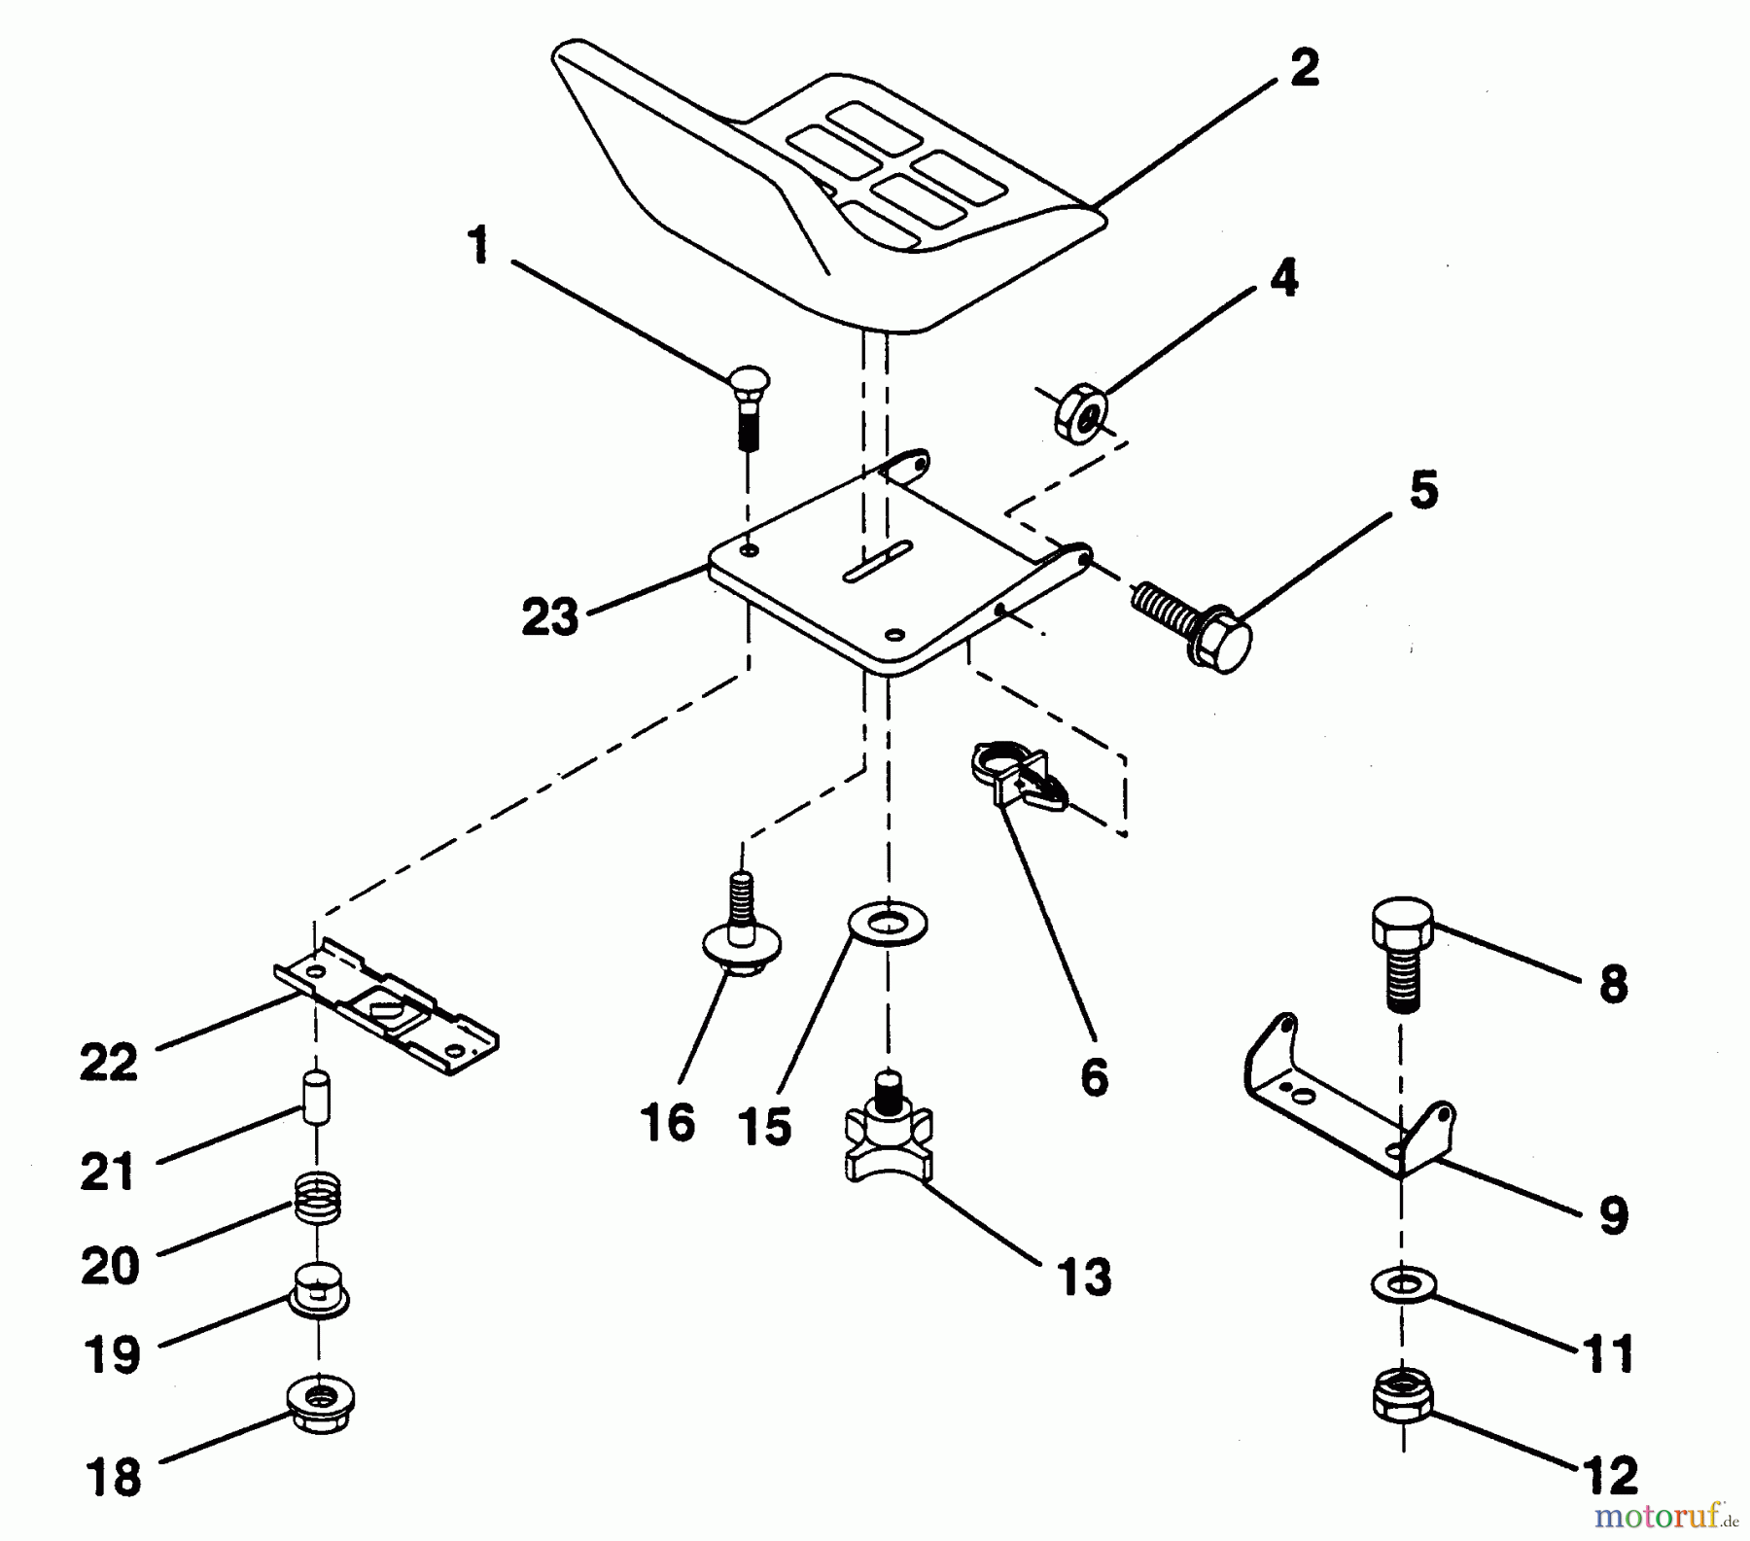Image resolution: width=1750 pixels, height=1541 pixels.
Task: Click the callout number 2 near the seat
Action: click(x=1305, y=69)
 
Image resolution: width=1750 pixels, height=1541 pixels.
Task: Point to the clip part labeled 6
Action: click(x=1017, y=777)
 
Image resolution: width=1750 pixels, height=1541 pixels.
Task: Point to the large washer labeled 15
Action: click(x=888, y=924)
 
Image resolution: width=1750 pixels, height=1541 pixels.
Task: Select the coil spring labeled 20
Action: click(x=318, y=1200)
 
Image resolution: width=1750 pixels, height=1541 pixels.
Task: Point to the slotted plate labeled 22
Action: click(x=388, y=1005)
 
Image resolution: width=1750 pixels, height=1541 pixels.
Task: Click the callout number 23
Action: click(x=549, y=617)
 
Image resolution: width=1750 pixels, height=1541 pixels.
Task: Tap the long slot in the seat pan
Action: click(x=876, y=562)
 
